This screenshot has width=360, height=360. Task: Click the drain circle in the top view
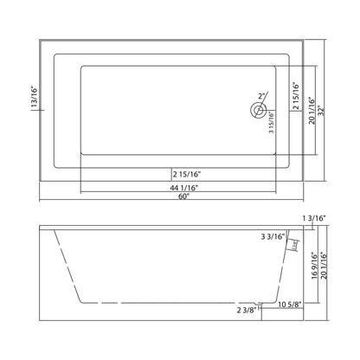(255, 110)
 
